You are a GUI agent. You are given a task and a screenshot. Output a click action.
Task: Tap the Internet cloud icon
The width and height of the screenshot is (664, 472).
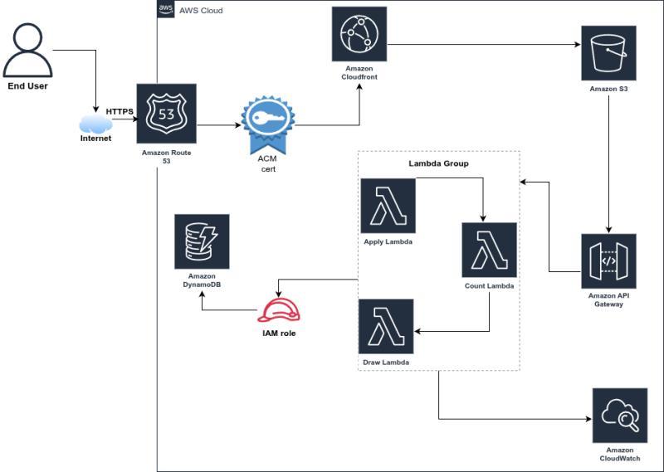(x=95, y=124)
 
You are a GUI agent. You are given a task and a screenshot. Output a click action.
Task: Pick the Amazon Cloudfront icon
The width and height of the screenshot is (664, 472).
(x=359, y=32)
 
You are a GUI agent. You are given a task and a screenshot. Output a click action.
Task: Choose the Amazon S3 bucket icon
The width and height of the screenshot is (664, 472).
(x=609, y=52)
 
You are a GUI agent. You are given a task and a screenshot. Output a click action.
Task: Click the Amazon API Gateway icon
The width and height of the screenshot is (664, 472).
(x=609, y=260)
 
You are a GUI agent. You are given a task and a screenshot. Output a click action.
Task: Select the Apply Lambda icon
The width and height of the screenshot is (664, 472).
(x=388, y=206)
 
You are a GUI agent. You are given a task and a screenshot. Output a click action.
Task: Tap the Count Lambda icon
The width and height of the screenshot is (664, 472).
(x=490, y=250)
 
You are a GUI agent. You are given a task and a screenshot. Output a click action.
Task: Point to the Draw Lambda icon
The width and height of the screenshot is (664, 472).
(x=387, y=327)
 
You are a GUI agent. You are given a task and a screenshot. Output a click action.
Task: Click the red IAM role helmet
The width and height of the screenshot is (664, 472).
(x=279, y=310)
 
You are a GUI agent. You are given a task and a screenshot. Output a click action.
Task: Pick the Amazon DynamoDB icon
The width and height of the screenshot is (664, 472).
(x=202, y=241)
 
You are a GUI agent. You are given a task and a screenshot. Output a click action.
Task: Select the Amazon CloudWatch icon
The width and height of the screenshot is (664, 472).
(x=620, y=416)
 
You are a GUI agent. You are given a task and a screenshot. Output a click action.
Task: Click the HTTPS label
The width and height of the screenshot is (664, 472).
(x=120, y=111)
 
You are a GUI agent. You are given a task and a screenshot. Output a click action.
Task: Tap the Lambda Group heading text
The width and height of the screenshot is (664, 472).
(x=438, y=163)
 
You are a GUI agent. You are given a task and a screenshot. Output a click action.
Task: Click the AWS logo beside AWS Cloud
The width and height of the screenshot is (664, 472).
(x=165, y=10)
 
